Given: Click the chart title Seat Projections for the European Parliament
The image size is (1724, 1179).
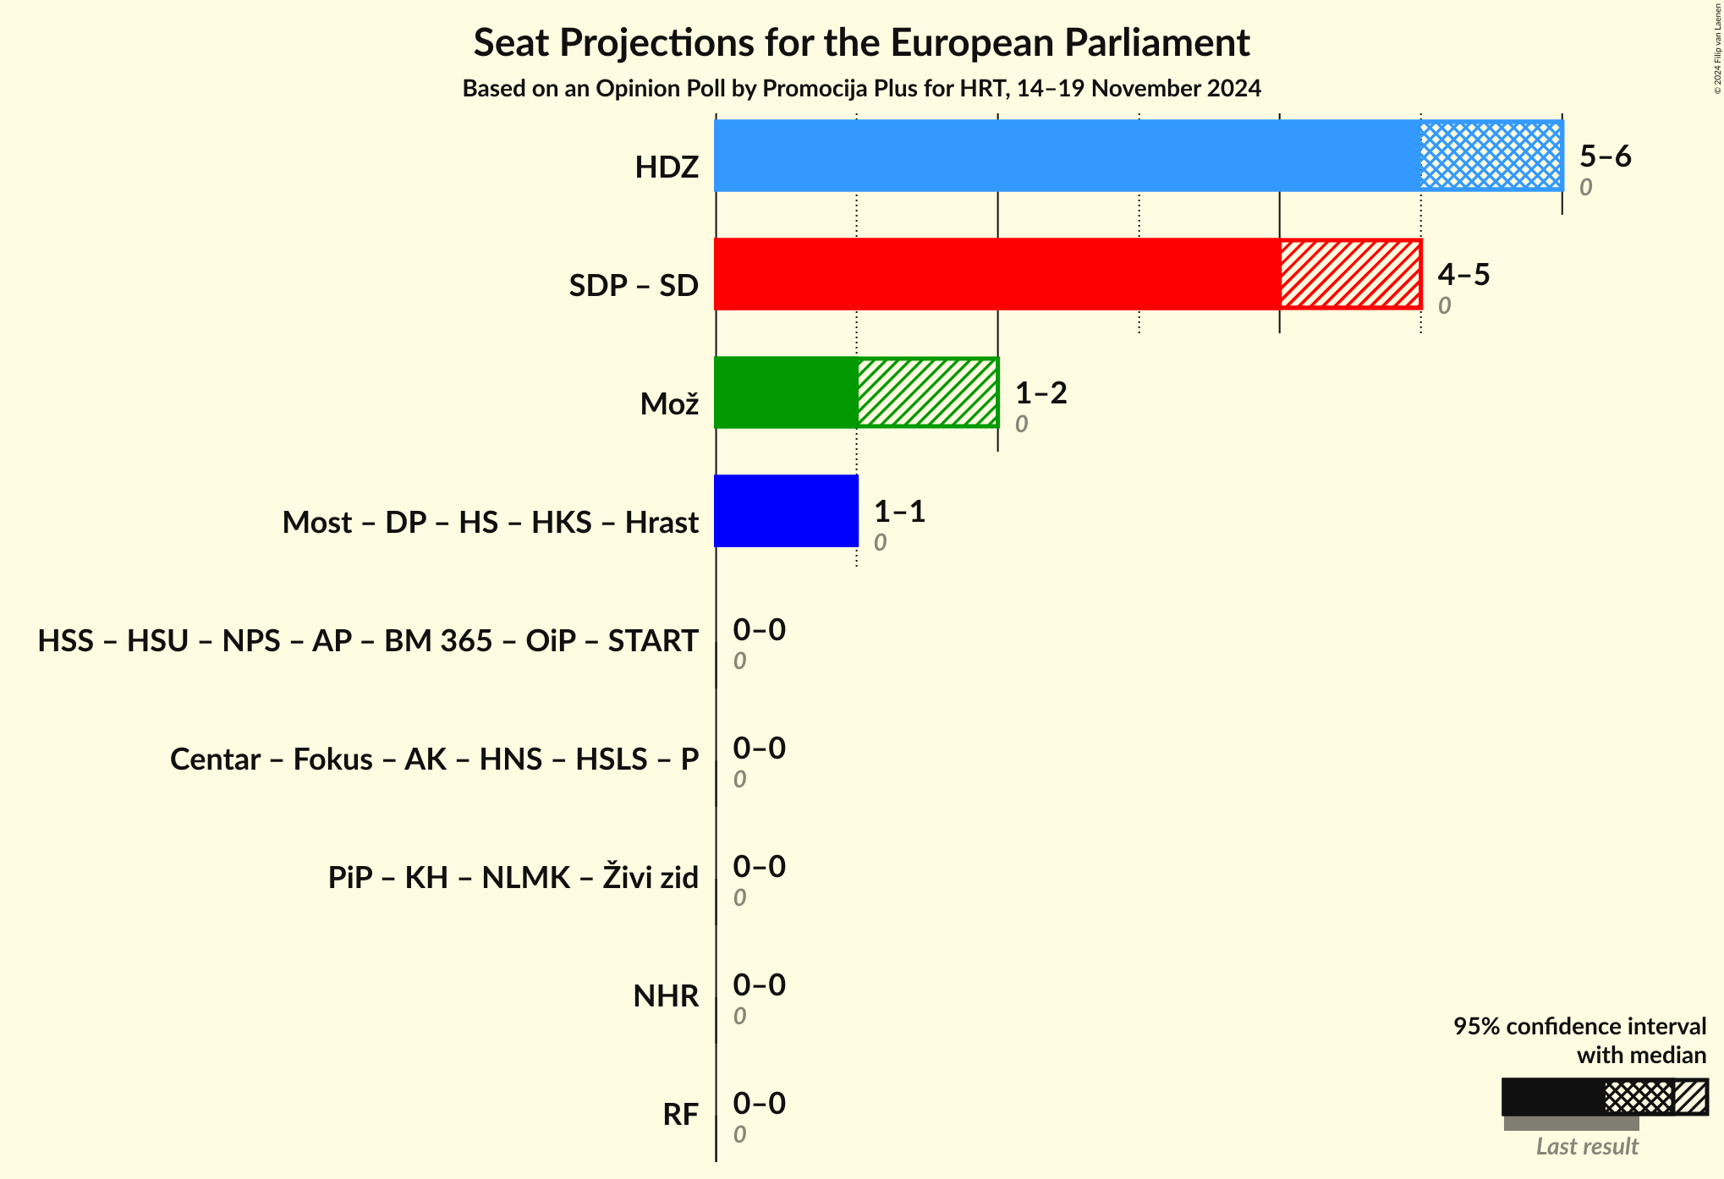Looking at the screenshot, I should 861,43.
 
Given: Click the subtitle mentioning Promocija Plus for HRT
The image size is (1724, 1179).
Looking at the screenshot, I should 861,89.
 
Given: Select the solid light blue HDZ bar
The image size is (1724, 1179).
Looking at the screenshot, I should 1067,156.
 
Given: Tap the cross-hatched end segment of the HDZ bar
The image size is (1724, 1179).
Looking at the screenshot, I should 1491,156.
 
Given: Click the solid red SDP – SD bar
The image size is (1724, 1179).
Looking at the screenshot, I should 997,274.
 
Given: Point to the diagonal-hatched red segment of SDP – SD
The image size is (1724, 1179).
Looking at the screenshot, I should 1350,274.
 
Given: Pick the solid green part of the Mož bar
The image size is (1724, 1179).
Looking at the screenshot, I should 786,392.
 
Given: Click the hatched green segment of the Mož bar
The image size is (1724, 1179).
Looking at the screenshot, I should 927,392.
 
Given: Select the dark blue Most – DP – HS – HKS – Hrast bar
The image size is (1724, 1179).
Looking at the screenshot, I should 786,511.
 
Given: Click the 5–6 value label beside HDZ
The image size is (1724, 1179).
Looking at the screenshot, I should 1605,156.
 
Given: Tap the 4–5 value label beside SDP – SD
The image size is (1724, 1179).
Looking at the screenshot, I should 1463,275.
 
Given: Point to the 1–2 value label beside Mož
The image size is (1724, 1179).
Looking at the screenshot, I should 1040,393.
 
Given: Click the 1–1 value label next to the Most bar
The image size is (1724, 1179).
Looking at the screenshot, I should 899,512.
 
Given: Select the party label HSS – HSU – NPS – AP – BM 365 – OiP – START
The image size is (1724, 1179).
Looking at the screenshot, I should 368,641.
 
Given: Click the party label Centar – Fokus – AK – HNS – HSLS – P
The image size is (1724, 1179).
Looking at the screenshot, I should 434,759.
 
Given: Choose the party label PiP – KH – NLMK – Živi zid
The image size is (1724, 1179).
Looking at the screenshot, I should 513,878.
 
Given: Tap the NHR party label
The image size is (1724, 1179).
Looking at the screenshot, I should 666,996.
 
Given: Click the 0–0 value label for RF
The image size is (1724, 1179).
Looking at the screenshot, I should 759,1104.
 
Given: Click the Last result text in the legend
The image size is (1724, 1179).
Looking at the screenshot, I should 1587,1147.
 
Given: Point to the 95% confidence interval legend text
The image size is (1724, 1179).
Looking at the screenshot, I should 1579,1027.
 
